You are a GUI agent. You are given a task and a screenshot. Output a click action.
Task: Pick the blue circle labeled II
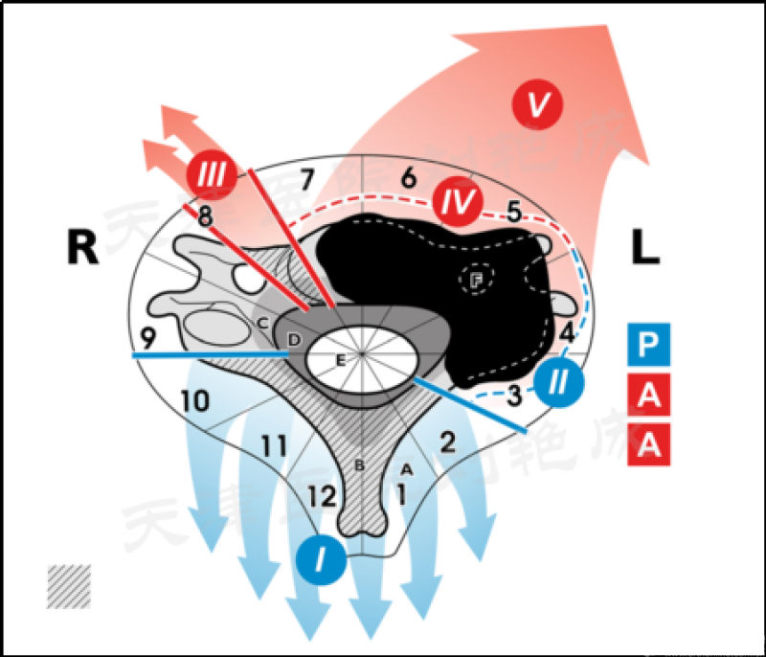(x=558, y=381)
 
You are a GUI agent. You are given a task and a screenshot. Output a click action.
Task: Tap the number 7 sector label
(x=306, y=179)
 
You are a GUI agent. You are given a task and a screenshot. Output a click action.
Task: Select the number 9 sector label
(x=146, y=338)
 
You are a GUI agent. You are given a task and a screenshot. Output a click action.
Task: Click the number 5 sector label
(x=513, y=213)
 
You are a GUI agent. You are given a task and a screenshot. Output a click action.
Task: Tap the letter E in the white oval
(x=339, y=360)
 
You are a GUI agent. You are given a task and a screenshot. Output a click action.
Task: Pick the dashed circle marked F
(x=476, y=280)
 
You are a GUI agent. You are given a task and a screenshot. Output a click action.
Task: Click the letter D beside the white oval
(x=294, y=340)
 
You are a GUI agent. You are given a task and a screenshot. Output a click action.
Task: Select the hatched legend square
(x=69, y=586)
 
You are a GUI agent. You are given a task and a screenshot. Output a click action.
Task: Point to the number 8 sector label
(x=204, y=217)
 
